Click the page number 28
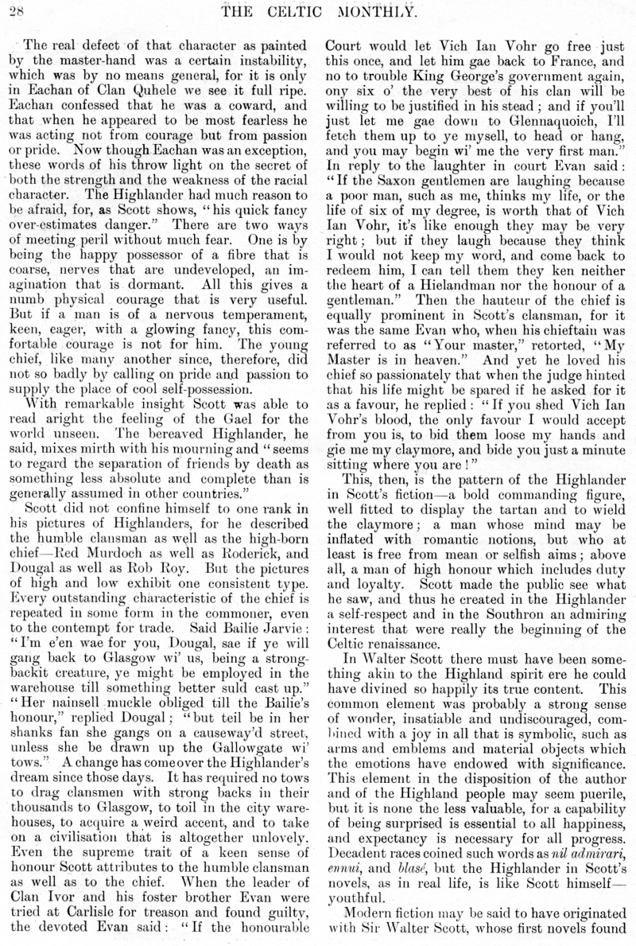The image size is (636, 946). [x=17, y=9]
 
